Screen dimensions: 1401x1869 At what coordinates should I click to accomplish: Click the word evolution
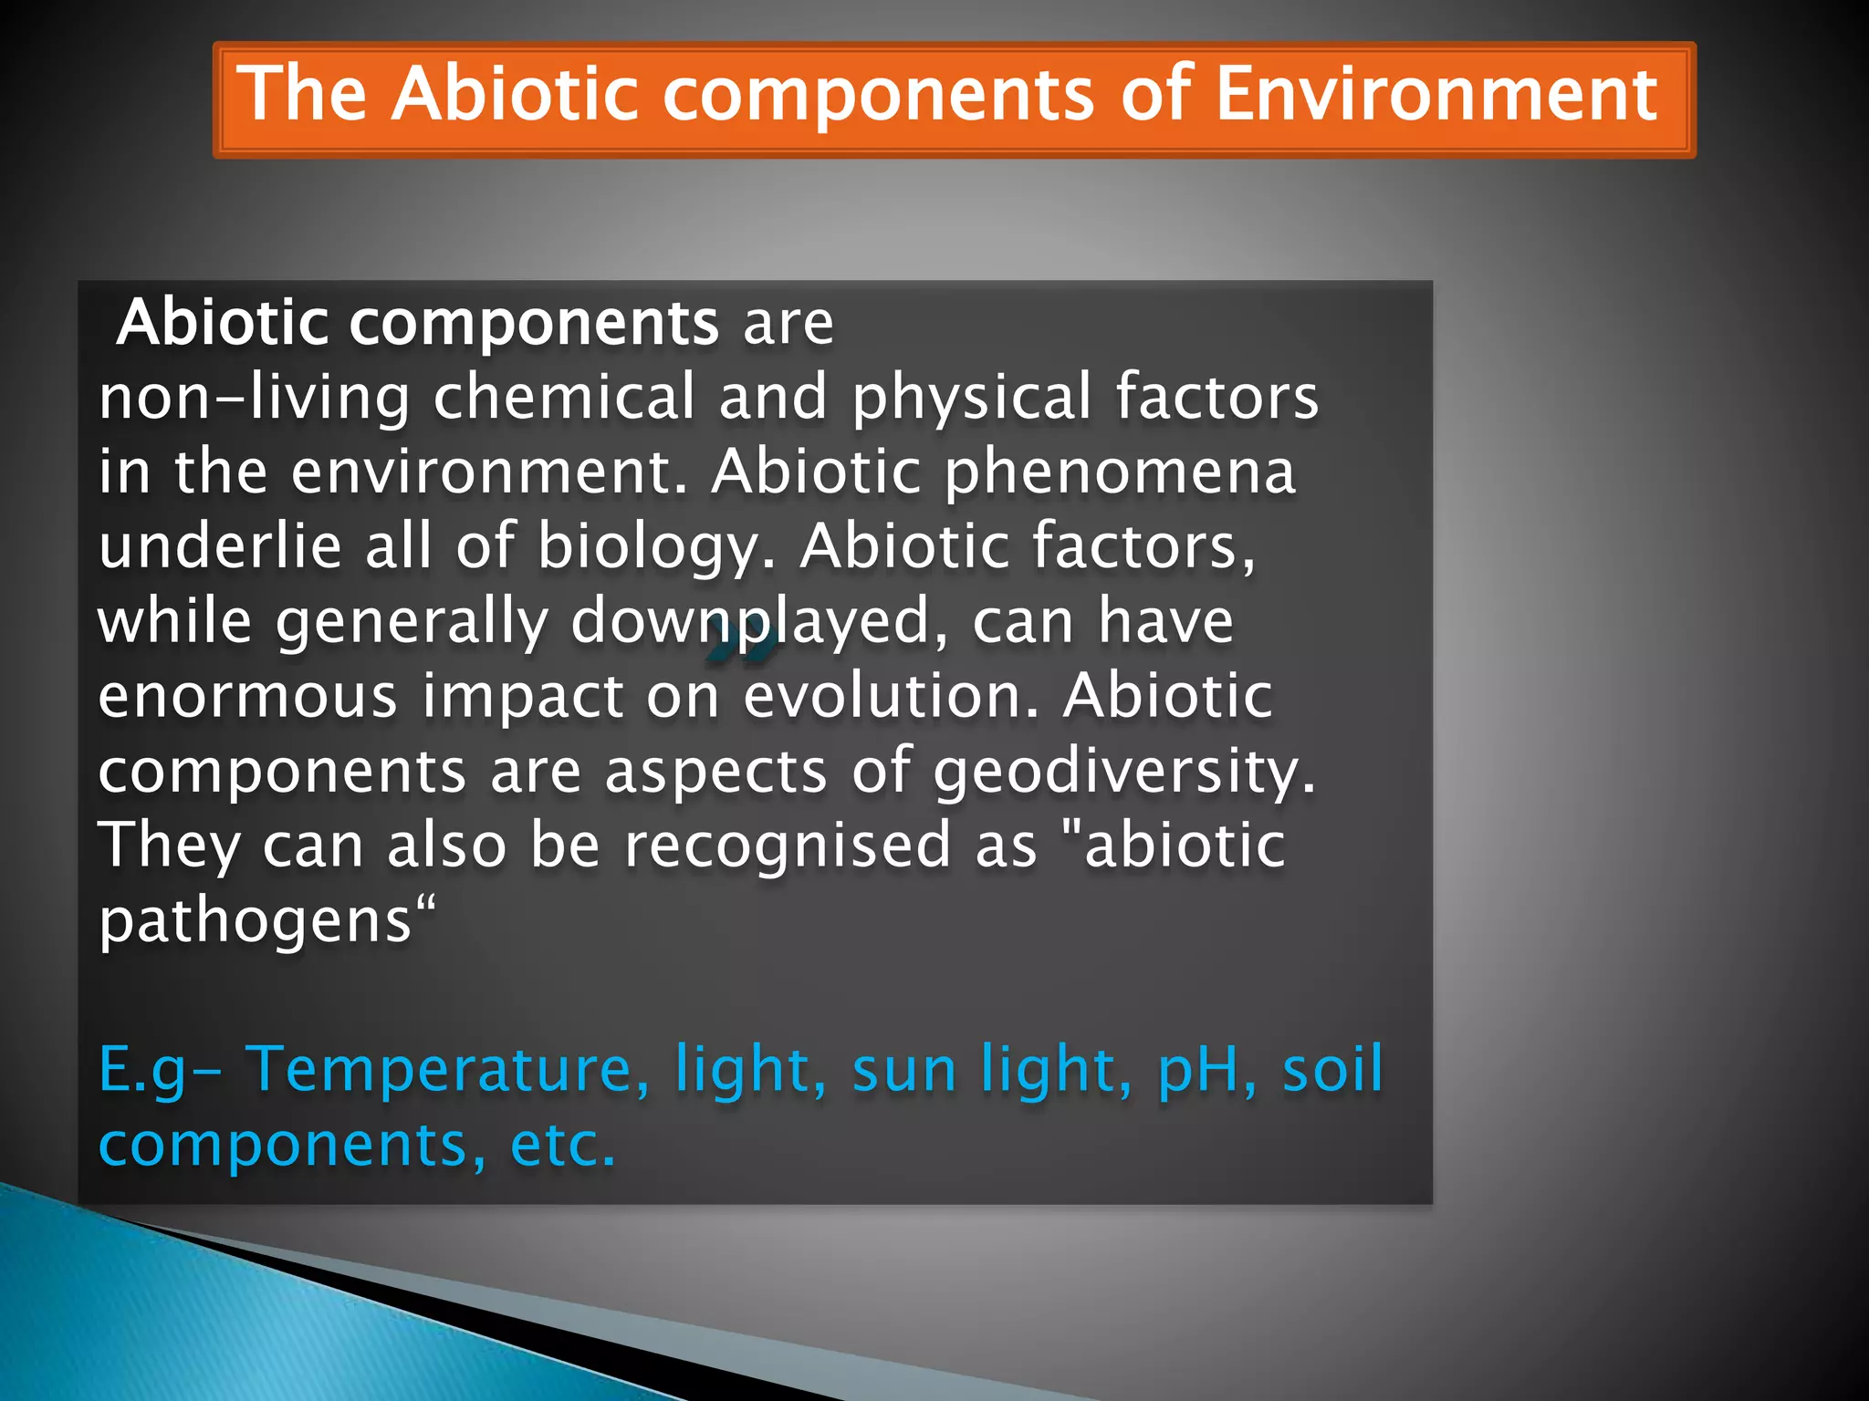(891, 696)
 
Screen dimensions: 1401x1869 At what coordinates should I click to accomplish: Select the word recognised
(787, 846)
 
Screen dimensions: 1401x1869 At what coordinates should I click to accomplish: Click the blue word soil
(1332, 1069)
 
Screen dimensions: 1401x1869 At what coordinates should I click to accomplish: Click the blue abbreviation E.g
(142, 1071)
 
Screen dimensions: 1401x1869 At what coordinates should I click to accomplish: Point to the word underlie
(218, 547)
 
